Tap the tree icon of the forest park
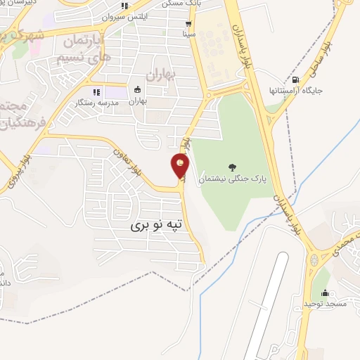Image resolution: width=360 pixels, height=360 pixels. tap(233, 167)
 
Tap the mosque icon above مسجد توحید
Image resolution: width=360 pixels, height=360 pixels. tap(324, 292)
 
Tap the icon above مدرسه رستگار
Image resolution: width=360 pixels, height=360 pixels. tap(97, 91)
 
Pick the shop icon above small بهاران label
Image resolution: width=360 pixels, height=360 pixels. tap(137, 89)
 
